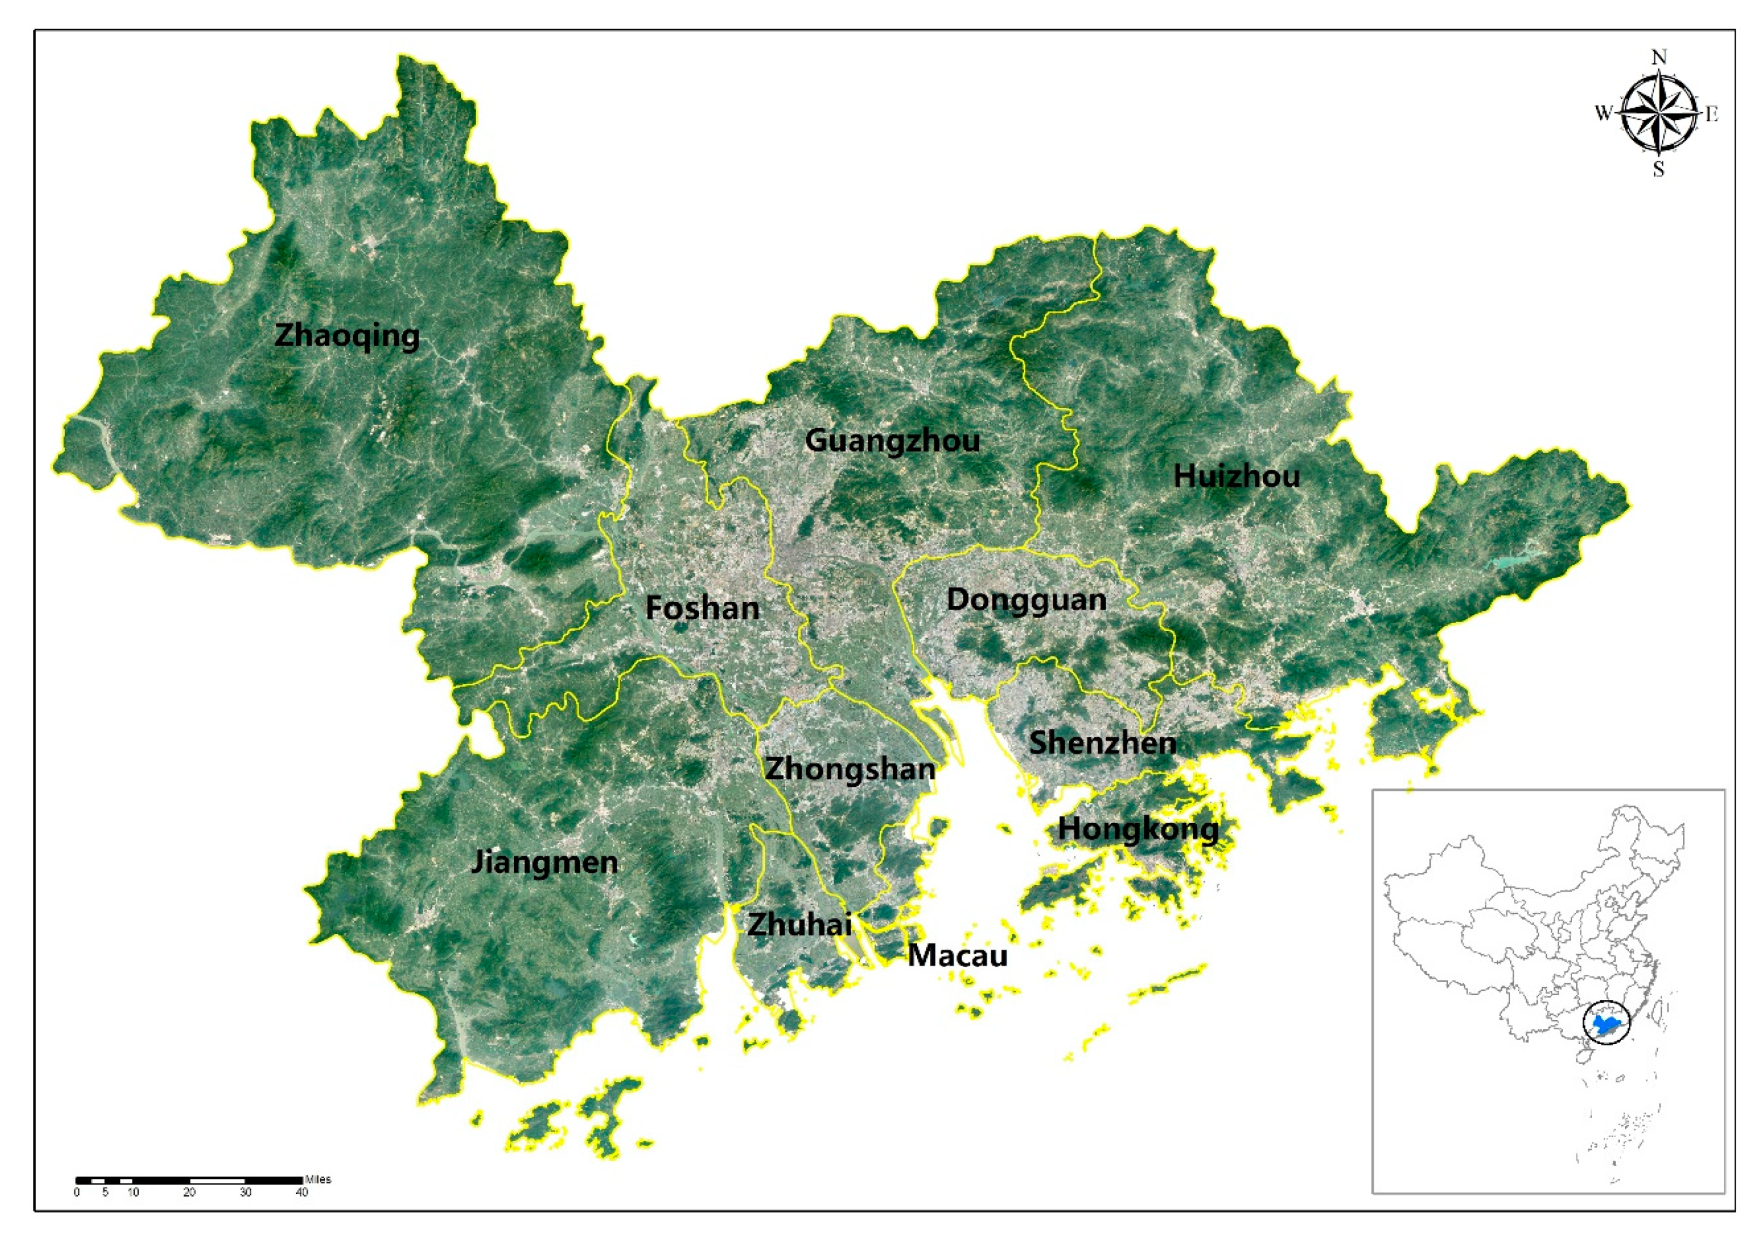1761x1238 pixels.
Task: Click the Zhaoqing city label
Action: [x=347, y=335]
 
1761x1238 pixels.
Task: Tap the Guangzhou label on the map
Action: [x=892, y=440]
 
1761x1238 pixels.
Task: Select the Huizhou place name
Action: [x=1236, y=476]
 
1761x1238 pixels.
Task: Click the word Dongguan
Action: [x=1026, y=600]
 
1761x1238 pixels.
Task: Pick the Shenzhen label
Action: [x=1102, y=742]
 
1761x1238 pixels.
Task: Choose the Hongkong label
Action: [x=1138, y=829]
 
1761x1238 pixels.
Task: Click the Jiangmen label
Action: [x=544, y=862]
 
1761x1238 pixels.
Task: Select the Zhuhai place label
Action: [x=799, y=924]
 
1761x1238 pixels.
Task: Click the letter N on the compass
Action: [x=1658, y=58]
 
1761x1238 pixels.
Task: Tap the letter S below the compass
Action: [x=1658, y=169]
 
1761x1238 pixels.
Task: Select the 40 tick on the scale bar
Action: [x=302, y=1193]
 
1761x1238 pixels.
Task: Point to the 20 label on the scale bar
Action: [x=189, y=1193]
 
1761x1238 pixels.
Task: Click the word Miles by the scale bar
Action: [x=318, y=1179]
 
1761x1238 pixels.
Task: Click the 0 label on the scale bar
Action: [x=77, y=1193]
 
